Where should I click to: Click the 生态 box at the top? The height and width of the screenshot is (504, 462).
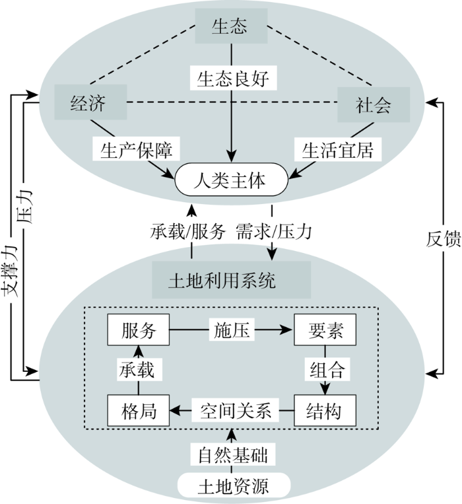pos(231,26)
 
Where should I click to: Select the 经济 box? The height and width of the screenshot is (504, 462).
pos(90,102)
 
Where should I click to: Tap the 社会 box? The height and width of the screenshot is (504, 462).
pos(374,104)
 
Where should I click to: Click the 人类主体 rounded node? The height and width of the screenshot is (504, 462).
pos(231,180)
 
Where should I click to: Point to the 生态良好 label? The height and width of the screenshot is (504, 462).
pos(234,78)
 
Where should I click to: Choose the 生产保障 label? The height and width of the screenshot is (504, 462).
pos(137,149)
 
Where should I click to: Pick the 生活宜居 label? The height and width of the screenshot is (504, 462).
pos(338,149)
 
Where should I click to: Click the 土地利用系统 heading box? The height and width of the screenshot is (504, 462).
pos(231,279)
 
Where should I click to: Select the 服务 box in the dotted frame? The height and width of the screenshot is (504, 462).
pos(139,330)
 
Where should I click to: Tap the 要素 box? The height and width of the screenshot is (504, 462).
pos(325,330)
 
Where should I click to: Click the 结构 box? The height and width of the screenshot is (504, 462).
pos(325,410)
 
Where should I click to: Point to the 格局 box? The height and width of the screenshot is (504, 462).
pos(139,410)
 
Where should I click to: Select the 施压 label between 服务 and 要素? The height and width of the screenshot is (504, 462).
pos(232,330)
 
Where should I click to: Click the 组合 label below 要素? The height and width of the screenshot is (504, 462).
pos(327,369)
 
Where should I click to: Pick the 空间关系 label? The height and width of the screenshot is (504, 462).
pos(236,410)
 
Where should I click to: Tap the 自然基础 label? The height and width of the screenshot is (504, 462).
pos(233,454)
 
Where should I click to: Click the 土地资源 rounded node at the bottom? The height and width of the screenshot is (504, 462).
pos(234,485)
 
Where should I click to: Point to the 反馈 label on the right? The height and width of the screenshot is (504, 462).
pos(444,239)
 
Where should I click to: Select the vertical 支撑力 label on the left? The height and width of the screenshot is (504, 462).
pos(9,271)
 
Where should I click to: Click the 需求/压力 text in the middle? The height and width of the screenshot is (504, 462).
pos(274,231)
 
